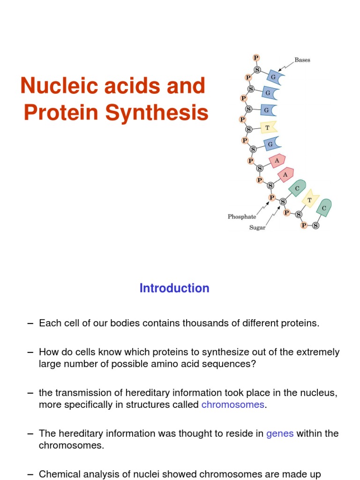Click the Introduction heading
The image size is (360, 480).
pyautogui.click(x=174, y=288)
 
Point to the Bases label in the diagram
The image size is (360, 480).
pyautogui.click(x=302, y=60)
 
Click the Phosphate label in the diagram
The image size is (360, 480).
pyautogui.click(x=242, y=217)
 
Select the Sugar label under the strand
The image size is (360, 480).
pyautogui.click(x=257, y=228)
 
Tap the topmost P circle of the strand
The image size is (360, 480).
pyautogui.click(x=256, y=58)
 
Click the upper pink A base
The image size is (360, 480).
pyautogui.click(x=277, y=161)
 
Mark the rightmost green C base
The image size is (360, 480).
pyautogui.click(x=324, y=207)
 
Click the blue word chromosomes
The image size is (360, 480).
pyautogui.click(x=233, y=405)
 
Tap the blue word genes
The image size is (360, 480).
pyautogui.click(x=280, y=434)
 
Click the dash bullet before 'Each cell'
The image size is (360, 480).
pyautogui.click(x=30, y=323)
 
